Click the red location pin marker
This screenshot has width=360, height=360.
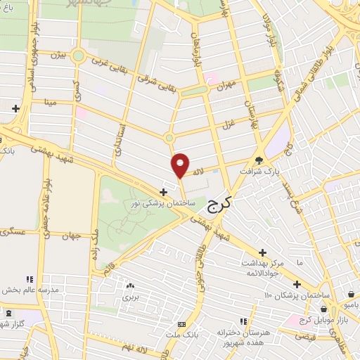click(x=181, y=165)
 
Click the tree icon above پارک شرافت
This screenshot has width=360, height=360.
click(x=259, y=159)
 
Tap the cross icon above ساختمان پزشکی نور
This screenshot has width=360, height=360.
click(x=163, y=191)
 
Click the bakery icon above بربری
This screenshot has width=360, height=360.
click(x=129, y=286)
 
